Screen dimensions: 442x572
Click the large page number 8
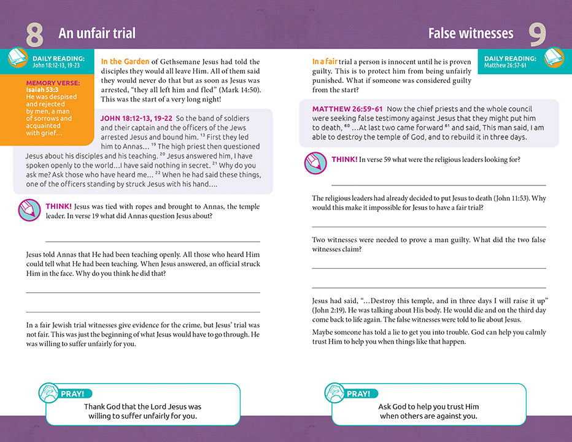click(34, 35)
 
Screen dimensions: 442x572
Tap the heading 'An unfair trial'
click(97, 33)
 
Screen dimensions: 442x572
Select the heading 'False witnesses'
click(471, 33)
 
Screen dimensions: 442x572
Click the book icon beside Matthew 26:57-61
click(554, 58)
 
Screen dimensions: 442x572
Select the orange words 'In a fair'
click(325, 61)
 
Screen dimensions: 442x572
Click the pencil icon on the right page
click(315, 163)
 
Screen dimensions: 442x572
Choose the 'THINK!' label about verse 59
click(344, 160)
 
